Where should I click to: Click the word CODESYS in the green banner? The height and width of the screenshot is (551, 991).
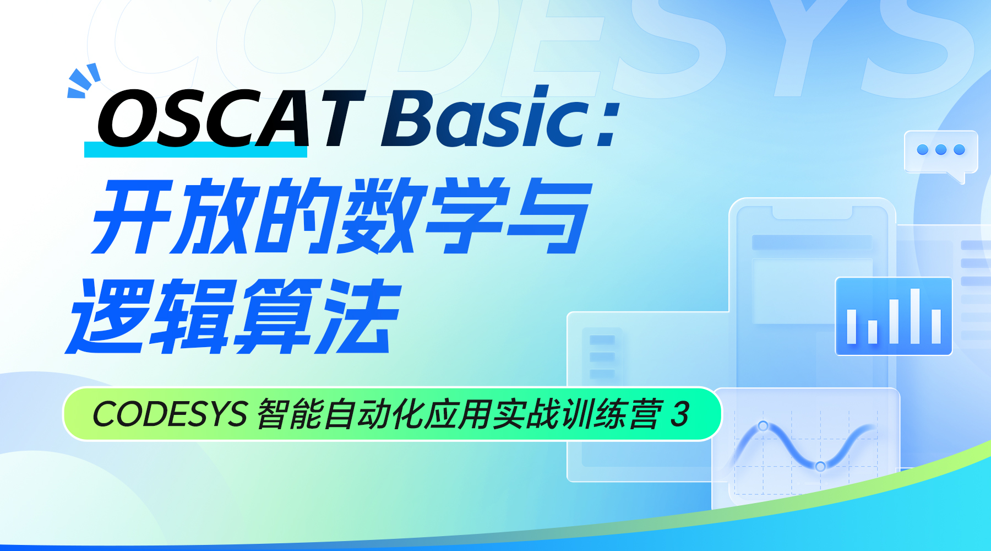170,414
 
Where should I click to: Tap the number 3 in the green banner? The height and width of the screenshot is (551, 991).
680,414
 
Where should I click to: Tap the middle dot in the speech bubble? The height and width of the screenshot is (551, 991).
941,150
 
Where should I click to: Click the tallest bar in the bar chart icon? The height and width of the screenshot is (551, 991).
915,316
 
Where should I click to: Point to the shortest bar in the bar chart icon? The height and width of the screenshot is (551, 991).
873,332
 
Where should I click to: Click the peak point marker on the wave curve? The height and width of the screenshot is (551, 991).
763,426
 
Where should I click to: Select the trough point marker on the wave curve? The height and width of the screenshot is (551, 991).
820,467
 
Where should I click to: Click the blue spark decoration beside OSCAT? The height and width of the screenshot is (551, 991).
84,81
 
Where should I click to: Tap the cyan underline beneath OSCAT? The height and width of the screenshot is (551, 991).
195,149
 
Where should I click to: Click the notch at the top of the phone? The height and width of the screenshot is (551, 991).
813,213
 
